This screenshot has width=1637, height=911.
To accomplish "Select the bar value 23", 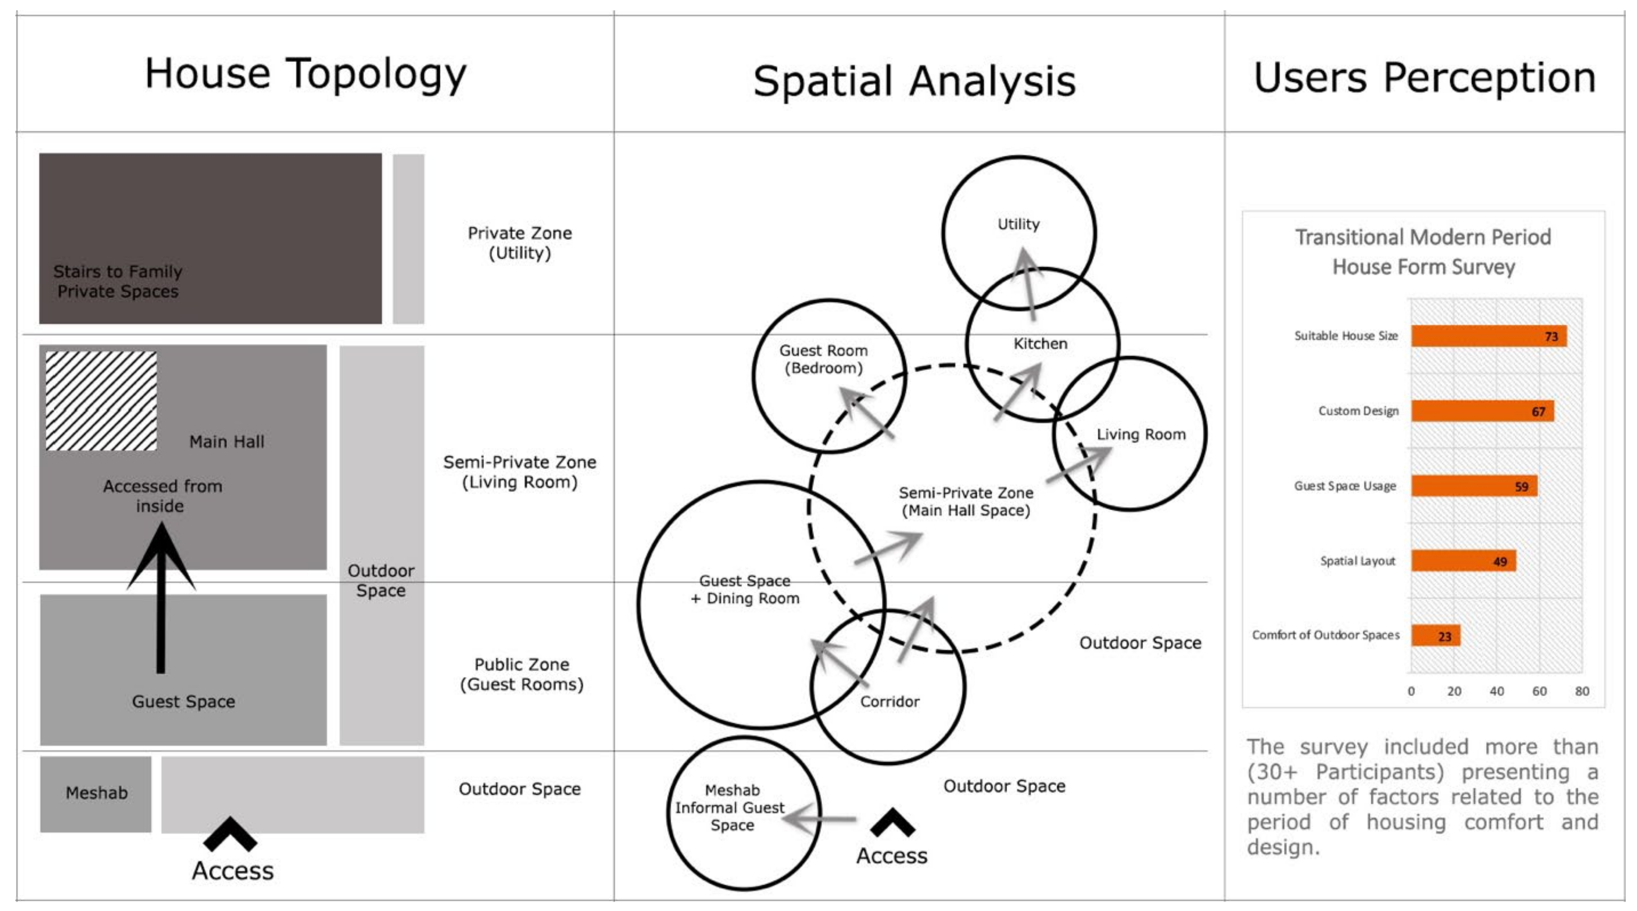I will click(1444, 636).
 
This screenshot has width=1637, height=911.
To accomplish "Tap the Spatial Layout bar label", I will click(1357, 561).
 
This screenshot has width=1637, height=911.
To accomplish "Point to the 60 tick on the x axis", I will click(1539, 691).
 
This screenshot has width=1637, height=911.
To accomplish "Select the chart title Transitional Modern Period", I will click(1423, 237).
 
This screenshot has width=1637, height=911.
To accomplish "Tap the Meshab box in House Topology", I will click(96, 793).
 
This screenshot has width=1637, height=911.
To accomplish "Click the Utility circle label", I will click(1018, 224).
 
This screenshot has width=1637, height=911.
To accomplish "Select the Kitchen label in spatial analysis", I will click(1040, 344).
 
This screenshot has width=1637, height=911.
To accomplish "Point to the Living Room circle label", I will click(1141, 434).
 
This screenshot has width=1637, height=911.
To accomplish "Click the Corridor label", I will click(889, 701).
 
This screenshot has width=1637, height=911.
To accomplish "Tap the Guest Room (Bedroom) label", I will click(824, 359).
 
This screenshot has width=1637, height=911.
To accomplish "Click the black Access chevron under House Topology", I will click(230, 833).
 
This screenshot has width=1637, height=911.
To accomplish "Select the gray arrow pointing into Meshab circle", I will click(820, 819).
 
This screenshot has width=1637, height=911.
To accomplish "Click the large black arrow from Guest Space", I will click(161, 598).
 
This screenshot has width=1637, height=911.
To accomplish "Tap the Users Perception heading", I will click(1424, 77).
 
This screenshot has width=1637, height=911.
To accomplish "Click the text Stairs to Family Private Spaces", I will click(118, 281).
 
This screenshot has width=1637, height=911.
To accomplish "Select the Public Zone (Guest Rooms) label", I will click(521, 674).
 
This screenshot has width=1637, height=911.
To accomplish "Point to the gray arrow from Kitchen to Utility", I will click(1028, 283).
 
